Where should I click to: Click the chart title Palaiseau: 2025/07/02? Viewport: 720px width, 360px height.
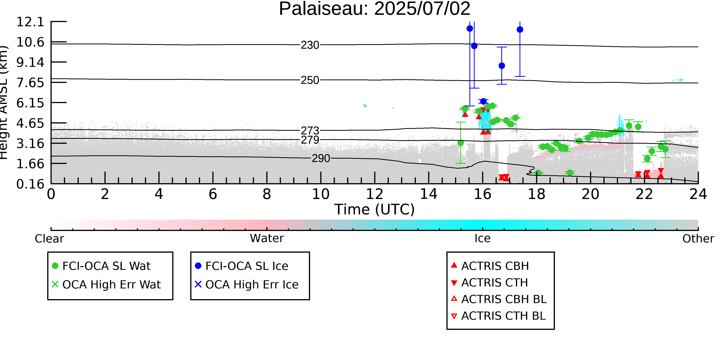tap(375, 9)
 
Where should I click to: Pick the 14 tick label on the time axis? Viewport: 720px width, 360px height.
tap(429, 194)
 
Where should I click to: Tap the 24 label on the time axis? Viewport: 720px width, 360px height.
tap(698, 194)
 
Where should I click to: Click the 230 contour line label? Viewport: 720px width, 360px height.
tap(310, 45)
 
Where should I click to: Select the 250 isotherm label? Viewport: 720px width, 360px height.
tap(310, 80)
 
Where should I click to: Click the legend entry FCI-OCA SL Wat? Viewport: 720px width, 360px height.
tap(101, 266)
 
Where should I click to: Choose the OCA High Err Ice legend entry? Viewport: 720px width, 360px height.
tap(247, 285)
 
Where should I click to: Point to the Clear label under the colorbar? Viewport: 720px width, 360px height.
tap(49, 239)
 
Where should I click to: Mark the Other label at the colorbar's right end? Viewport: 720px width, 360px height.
tap(698, 239)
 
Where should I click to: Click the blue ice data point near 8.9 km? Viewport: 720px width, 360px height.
tap(502, 66)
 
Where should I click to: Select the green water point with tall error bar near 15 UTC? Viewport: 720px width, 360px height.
tap(461, 143)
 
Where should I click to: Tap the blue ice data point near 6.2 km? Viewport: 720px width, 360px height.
tap(483, 101)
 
